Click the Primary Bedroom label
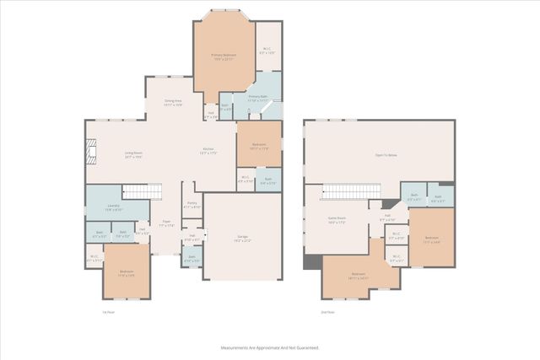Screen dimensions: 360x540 pyautogui.click(x=224, y=56)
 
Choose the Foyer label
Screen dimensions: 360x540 pyautogui.click(x=167, y=224)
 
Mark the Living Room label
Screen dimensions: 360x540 pyautogui.click(x=110, y=154)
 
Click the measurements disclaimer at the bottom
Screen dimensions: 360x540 pyautogui.click(x=269, y=347)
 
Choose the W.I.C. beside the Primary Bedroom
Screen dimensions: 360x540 pyautogui.click(x=267, y=51)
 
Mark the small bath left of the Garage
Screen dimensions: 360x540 pyautogui.click(x=192, y=260)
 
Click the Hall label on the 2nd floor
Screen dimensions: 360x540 pyautogui.click(x=388, y=218)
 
